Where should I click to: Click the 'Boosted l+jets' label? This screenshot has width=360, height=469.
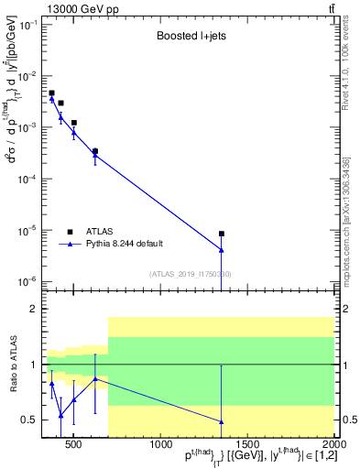point(190,38)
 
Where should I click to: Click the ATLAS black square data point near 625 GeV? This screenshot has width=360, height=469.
point(95,151)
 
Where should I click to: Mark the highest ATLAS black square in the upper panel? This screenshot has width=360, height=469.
point(52,93)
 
